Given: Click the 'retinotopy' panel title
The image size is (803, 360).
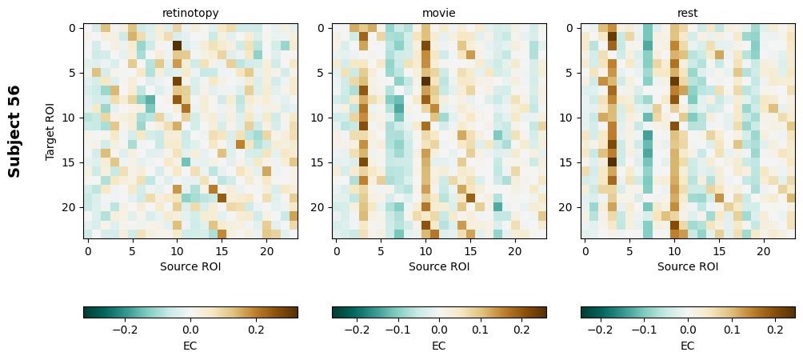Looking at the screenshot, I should (x=190, y=13).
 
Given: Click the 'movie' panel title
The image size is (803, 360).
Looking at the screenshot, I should (x=439, y=13).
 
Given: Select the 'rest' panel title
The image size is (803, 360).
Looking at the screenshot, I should (x=688, y=13).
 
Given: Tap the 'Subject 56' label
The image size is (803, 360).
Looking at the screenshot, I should (x=14, y=130).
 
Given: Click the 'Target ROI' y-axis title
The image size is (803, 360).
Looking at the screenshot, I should (x=50, y=130).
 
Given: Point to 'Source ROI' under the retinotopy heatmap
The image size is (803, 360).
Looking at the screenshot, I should (x=190, y=266).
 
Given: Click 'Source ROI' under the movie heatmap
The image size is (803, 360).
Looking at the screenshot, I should (x=439, y=266).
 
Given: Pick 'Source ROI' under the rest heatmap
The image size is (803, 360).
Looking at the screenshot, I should (x=688, y=266).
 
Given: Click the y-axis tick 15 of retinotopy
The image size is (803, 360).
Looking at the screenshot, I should (x=72, y=162).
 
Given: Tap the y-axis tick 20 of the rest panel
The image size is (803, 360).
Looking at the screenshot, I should (x=569, y=207).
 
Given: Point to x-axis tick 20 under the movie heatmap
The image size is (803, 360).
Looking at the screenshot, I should (x=515, y=251).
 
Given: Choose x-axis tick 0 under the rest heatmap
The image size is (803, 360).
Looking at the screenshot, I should (x=585, y=251).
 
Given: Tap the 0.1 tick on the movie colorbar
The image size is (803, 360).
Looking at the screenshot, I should (x=480, y=330).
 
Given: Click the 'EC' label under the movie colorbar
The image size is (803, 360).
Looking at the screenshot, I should (x=439, y=346).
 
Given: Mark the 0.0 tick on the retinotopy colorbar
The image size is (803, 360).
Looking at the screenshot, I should (x=190, y=330).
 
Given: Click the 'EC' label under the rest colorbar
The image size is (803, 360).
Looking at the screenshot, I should (x=688, y=346).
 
